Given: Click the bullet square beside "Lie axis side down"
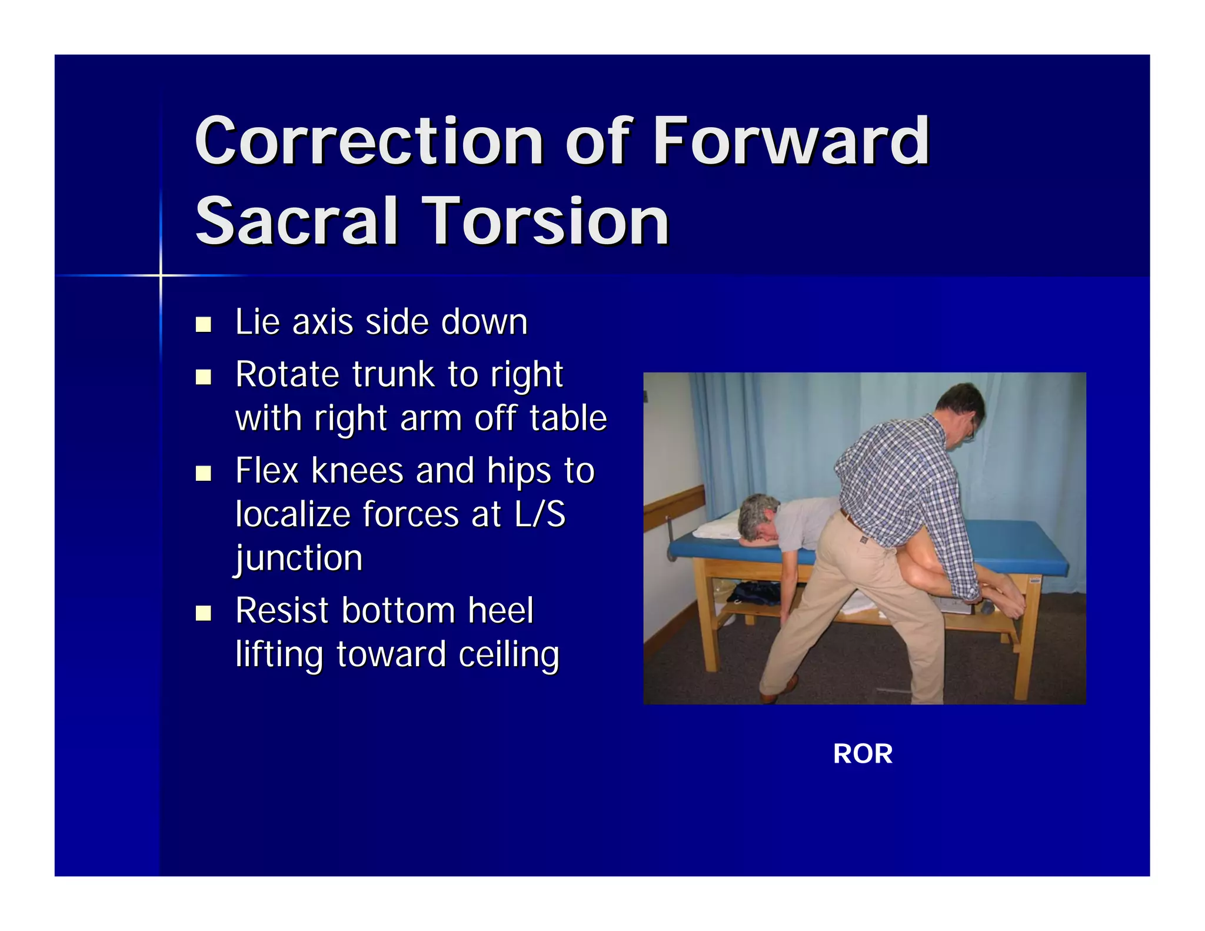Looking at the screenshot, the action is (x=204, y=324).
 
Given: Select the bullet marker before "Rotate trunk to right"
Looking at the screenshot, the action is (x=204, y=377).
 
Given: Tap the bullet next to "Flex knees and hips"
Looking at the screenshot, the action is (x=204, y=473).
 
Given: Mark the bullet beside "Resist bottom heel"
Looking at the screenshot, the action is (x=204, y=613).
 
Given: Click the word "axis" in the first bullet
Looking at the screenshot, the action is (x=322, y=322).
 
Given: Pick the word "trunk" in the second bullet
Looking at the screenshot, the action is (x=394, y=374).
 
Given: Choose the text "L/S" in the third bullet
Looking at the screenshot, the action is (x=540, y=514).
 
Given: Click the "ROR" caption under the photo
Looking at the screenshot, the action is (x=863, y=754).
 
